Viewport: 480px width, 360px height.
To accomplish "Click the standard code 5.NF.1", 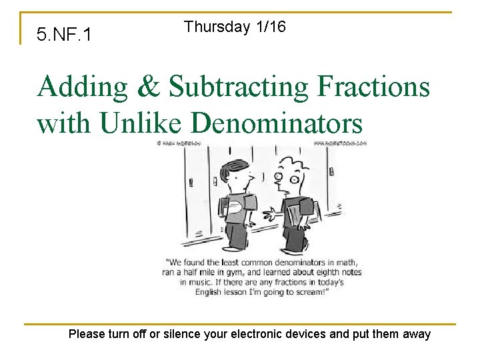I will tap(65, 34).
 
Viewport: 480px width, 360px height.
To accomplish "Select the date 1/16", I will tap(270, 27).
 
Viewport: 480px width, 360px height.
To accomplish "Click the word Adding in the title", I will tap(81, 87).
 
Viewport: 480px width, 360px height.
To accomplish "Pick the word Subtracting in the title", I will tap(237, 87).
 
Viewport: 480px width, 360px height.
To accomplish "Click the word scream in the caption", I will tap(311, 292).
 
